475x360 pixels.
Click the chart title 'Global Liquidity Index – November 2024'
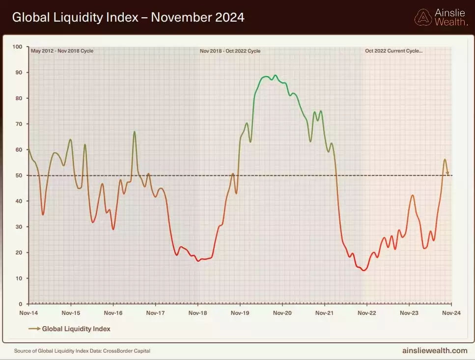[128, 18]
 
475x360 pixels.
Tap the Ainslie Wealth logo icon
[423, 17]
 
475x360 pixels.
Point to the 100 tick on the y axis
[18, 47]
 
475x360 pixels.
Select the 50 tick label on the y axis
[19, 175]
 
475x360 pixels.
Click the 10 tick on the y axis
[19, 278]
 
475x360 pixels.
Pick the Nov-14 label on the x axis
[29, 313]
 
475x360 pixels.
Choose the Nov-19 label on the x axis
[239, 313]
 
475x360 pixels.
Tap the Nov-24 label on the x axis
[450, 313]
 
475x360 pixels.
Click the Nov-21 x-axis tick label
[324, 313]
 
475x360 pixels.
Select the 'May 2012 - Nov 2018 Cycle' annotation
[62, 51]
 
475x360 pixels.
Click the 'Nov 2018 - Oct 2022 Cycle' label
[230, 51]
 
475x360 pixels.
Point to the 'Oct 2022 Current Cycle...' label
[393, 51]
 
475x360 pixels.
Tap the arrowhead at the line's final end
[447, 173]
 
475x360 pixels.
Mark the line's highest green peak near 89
[275, 76]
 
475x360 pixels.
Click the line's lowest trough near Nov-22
[363, 270]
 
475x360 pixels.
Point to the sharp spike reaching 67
[134, 132]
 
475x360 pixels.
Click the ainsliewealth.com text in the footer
[434, 351]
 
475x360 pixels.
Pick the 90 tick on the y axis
[19, 72]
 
